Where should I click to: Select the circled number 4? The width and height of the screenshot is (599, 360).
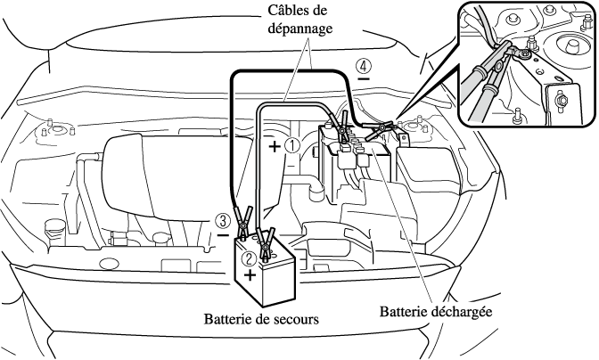[x=363, y=65]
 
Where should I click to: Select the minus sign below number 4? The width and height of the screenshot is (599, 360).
[x=364, y=80]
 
